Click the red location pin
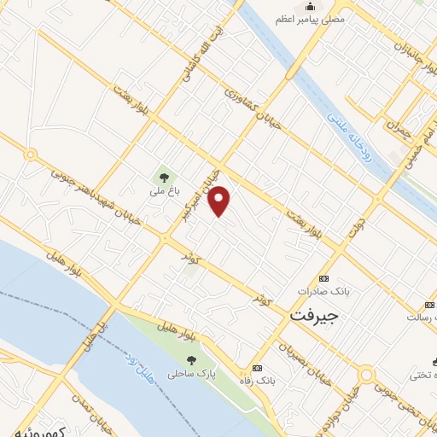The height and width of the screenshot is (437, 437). click(x=220, y=200)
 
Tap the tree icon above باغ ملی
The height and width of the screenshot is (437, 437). click(x=162, y=178)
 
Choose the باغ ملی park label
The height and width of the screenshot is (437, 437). click(x=161, y=193)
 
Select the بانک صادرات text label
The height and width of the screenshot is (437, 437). click(x=323, y=292)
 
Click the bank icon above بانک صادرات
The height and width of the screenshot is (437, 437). click(x=323, y=279)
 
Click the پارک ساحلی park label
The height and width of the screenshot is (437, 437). click(x=190, y=374)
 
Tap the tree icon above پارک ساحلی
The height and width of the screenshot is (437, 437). click(x=190, y=360)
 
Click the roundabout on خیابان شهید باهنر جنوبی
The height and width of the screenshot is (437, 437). click(x=31, y=155)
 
